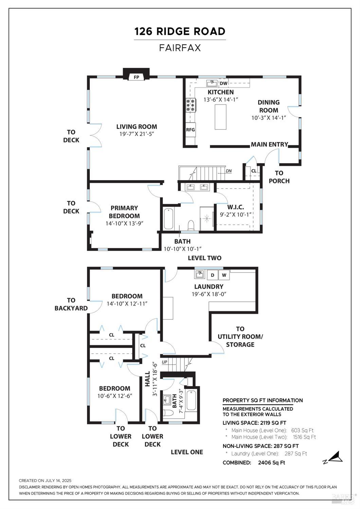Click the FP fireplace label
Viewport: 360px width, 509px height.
click(x=136, y=77)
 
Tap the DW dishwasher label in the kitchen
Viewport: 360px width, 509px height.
click(x=223, y=83)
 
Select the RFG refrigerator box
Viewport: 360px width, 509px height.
click(x=191, y=129)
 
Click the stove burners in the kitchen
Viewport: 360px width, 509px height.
click(x=191, y=105)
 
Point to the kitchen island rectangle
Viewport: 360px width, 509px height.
click(x=220, y=117)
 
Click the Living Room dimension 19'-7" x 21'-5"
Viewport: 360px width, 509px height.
click(x=137, y=134)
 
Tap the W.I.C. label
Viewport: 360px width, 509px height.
click(x=235, y=207)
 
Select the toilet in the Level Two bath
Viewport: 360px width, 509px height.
click(x=191, y=225)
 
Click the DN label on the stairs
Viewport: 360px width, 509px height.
click(x=229, y=171)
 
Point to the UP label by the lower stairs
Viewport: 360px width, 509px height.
click(x=164, y=362)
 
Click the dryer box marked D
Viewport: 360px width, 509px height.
click(x=213, y=275)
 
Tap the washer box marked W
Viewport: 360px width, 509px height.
click(x=224, y=275)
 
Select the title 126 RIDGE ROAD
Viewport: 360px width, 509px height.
click(x=180, y=32)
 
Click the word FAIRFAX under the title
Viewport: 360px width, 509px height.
click(x=180, y=48)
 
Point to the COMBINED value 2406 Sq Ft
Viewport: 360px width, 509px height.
click(x=271, y=462)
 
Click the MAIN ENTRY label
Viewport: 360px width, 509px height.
click(x=269, y=144)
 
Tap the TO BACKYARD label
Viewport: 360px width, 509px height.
click(x=71, y=304)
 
